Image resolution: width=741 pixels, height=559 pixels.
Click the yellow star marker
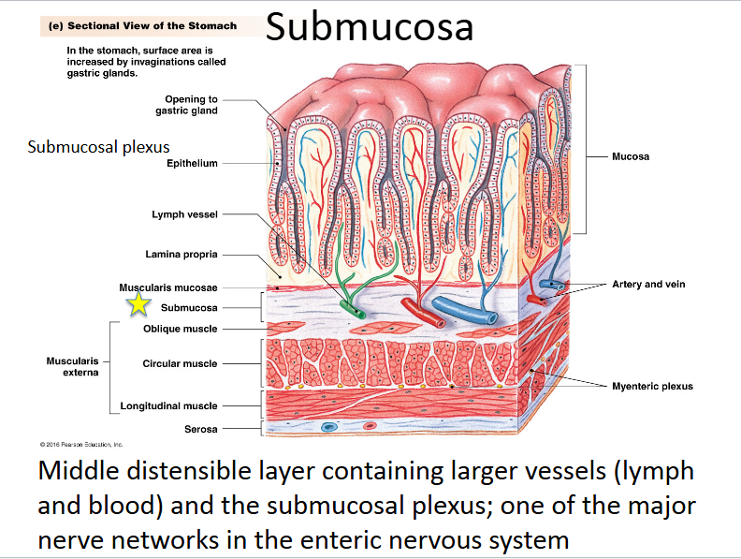coord(139,302)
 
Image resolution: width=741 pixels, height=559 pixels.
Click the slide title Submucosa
coord(370,27)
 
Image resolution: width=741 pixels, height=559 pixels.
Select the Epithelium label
coord(192,163)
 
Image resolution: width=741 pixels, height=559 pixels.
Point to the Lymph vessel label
coord(184,214)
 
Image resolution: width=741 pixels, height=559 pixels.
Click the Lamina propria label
coord(182,254)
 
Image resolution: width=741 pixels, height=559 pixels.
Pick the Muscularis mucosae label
coord(168,287)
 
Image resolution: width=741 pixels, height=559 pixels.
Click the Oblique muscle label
coord(181,329)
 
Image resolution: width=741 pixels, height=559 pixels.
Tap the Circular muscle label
coord(180,363)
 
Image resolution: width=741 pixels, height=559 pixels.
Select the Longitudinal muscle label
coord(168,405)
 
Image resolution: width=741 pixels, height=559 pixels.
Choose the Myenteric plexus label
coord(652,386)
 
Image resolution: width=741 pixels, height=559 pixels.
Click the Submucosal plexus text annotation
coord(98,147)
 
